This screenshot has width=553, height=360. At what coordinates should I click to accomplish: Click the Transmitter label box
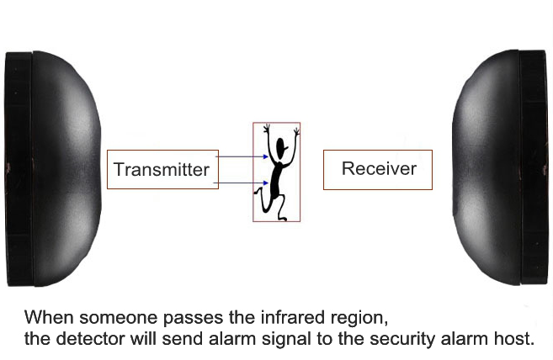coord(162,169)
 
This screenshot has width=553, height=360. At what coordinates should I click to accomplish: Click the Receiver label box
coord(378,169)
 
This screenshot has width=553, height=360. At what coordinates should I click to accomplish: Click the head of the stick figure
coord(283,151)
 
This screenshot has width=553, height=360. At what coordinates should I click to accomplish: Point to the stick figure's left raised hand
coord(267,130)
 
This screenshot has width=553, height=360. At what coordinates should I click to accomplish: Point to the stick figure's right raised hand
coord(295,132)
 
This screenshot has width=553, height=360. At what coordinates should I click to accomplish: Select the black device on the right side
coord(502,168)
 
